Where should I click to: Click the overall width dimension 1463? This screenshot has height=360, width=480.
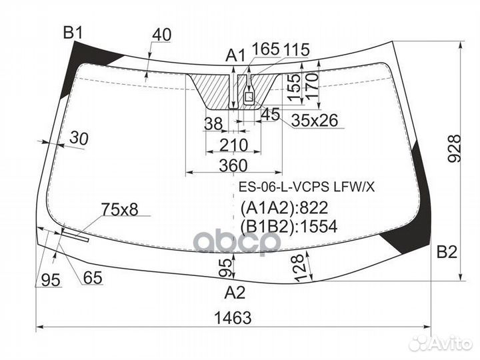pos(233,318)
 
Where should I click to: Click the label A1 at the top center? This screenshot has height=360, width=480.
pos(235,55)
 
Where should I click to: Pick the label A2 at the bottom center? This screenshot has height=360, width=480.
pos(235,291)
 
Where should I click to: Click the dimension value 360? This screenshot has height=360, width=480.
pos(233,165)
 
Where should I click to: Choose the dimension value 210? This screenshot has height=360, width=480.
pos(233,145)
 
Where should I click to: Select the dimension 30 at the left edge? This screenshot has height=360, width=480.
pos(78,139)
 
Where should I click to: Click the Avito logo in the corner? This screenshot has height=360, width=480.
pos(441,343)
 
